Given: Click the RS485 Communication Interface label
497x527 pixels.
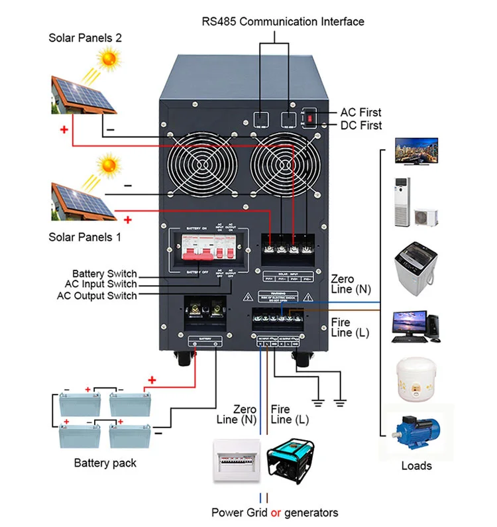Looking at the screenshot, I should (x=283, y=21).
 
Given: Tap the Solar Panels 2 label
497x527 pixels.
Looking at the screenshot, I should (x=85, y=38).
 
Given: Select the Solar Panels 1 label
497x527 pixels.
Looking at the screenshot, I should (x=85, y=237).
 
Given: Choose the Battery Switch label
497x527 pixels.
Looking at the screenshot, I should (x=104, y=274).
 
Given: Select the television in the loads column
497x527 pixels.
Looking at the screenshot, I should (x=415, y=150).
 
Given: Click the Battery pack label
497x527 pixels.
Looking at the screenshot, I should (x=105, y=463).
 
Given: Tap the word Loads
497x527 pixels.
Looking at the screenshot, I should (x=416, y=465).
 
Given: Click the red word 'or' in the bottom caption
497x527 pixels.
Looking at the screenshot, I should (x=277, y=512).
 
